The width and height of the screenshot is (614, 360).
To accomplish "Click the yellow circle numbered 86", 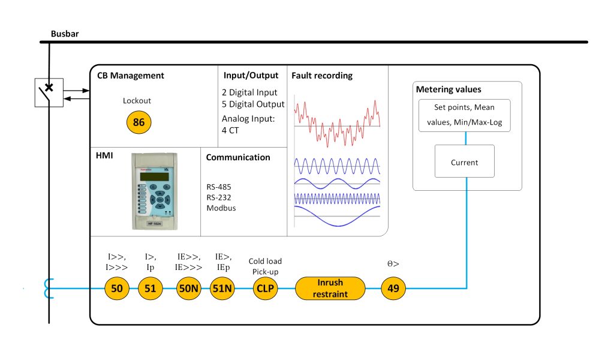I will coord(139,122).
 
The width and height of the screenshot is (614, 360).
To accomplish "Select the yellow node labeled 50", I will coord(117,289).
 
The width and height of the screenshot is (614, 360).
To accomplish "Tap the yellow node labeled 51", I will coord(151,289).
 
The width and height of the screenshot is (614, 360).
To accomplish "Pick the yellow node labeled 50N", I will coord(188,289).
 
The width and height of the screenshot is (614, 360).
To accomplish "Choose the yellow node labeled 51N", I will coord(222,289).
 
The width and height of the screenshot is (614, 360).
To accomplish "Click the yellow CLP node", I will coord(264,289).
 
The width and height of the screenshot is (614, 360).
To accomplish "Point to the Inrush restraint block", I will coord(330,289).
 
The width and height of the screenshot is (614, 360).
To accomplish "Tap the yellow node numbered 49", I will coord(394,289).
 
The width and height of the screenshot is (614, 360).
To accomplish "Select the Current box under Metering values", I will coord(464,161).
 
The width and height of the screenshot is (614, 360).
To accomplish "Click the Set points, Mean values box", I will coord(464,115).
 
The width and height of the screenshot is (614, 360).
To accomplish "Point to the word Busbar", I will coord(65,34).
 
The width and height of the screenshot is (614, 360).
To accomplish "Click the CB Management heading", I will coord(130,76).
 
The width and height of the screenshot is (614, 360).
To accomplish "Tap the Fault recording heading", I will coord(321,76).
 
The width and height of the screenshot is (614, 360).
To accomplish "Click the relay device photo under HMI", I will coord(155,190).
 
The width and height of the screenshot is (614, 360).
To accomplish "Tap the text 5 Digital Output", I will coord(253,104).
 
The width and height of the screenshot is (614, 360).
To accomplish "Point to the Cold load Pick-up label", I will coord(265,266).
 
